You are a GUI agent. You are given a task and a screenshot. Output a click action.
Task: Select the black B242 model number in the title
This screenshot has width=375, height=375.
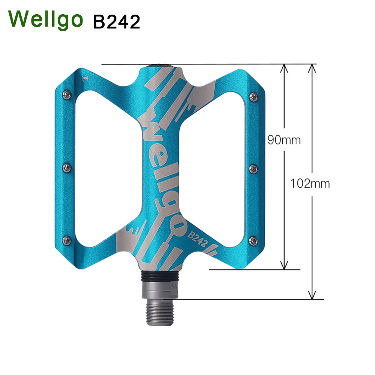pyautogui.click(x=116, y=21)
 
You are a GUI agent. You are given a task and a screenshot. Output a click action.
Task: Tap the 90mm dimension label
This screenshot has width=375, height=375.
pyautogui.click(x=284, y=140)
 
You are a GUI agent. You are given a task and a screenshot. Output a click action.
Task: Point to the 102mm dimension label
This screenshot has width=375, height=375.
pyautogui.click(x=310, y=183)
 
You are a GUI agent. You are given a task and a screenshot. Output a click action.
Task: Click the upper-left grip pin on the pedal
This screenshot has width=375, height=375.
pyautogui.click(x=68, y=93)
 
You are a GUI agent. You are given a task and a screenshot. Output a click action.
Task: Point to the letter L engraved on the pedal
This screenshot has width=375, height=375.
pyautogui.click(x=85, y=79)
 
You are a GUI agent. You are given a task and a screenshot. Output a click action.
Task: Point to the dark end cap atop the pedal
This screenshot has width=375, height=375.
pyautogui.click(x=161, y=66)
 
